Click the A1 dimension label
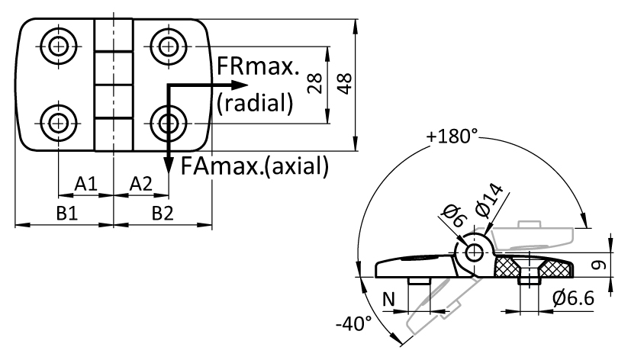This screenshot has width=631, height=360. click(86, 184)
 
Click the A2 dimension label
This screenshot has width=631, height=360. click(141, 184)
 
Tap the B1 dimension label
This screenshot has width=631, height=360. click(67, 214)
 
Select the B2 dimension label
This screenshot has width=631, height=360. click(163, 214)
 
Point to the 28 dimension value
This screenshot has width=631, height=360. click(314, 83)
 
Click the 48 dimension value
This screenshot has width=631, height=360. click(345, 84)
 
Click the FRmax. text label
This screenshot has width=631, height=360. click(258, 66)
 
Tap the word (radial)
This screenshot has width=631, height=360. click(255, 103)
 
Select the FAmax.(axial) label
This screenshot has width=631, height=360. click(255, 166)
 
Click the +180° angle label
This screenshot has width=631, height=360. click(452, 136)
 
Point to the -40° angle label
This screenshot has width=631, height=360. click(354, 323)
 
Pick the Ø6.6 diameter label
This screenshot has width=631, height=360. click(574, 298)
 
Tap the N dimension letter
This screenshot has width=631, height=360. click(388, 299)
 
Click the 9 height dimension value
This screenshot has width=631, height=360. click(600, 265)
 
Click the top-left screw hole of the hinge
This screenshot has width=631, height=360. click(59, 47)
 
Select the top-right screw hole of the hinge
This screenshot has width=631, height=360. click(168, 47)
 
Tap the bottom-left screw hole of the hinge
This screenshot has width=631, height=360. click(59, 123)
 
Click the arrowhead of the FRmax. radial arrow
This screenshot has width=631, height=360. click(239, 85)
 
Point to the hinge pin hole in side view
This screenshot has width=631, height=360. click(475, 252)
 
